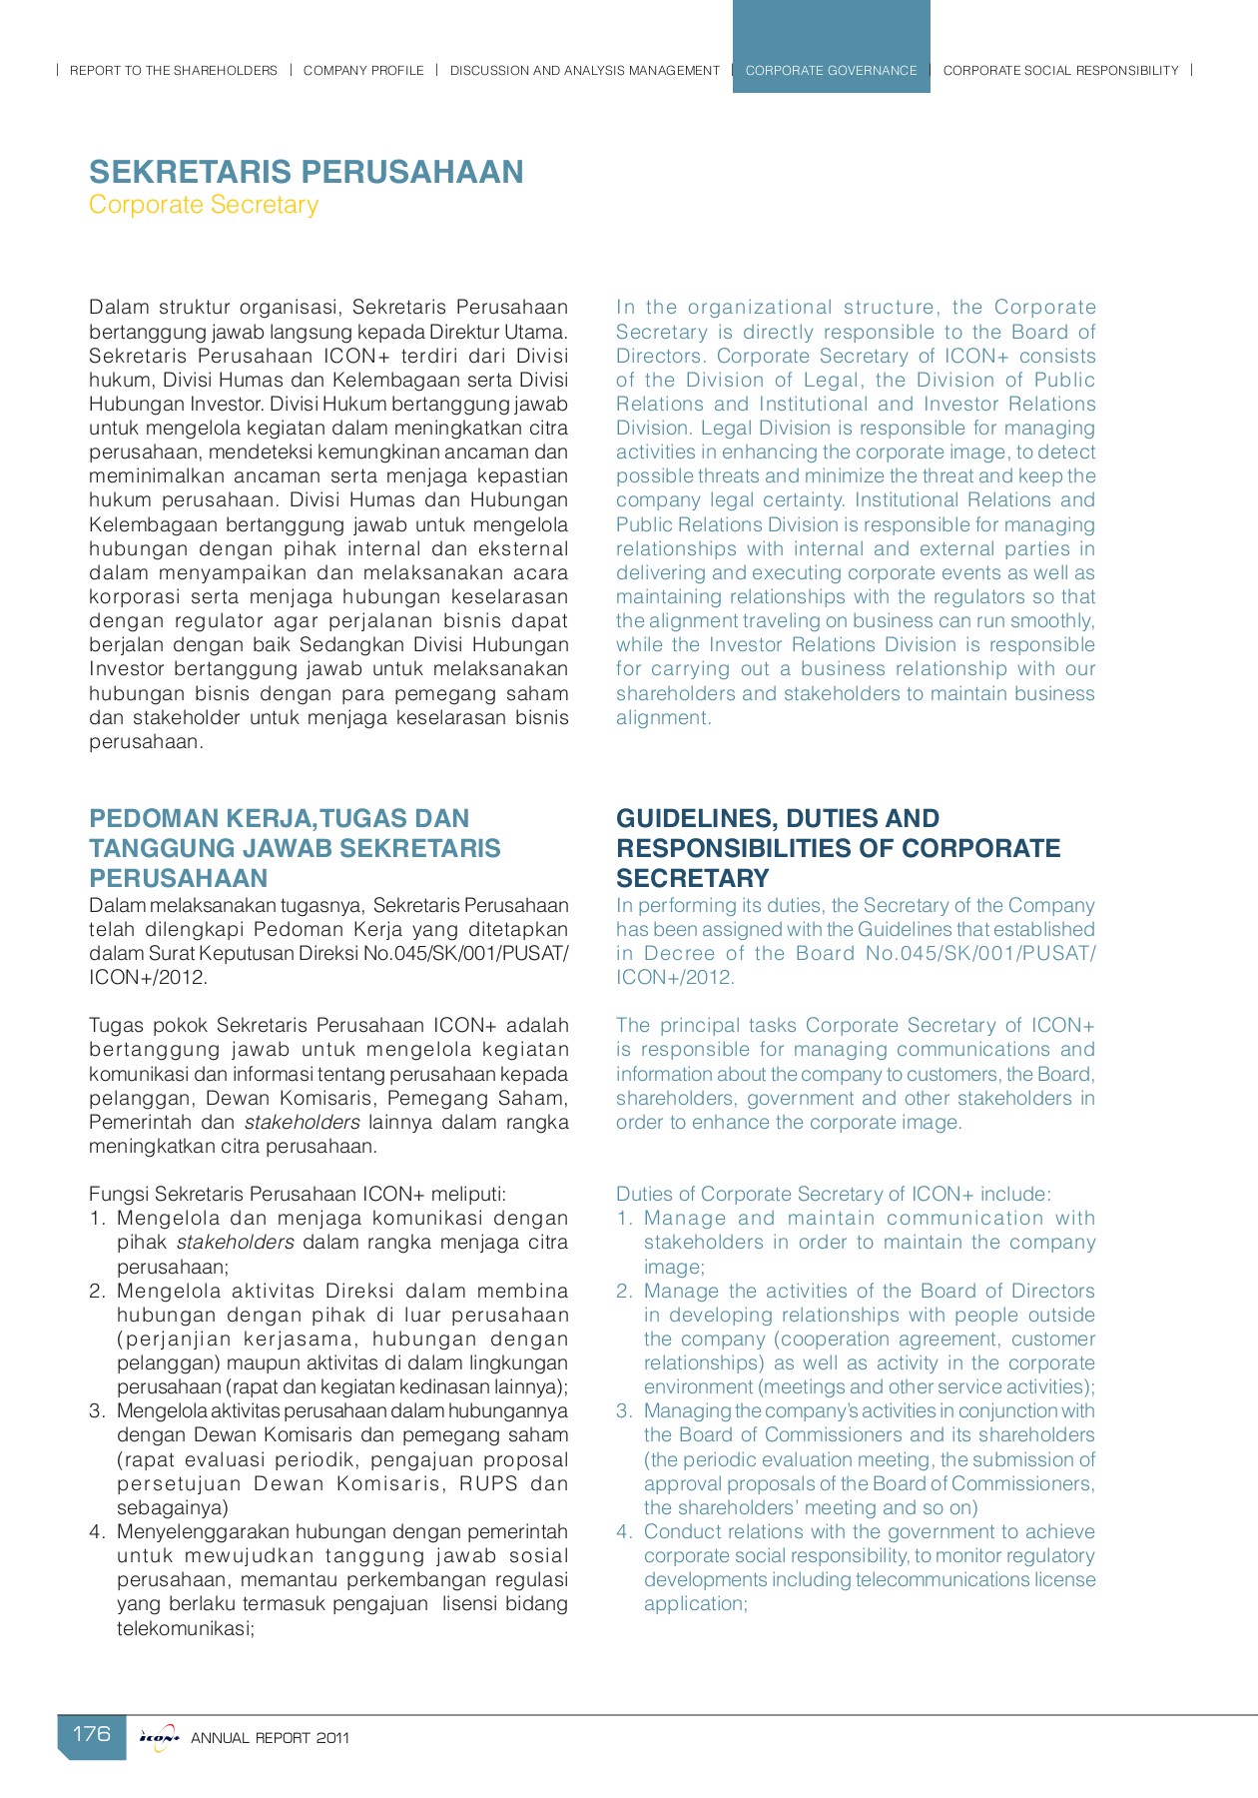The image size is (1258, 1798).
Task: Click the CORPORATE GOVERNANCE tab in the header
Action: [x=831, y=70]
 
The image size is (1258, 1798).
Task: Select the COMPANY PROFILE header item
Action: [x=363, y=70]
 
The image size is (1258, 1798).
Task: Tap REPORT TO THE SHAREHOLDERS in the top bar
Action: [x=174, y=70]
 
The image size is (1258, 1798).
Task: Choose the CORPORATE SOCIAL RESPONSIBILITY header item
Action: [x=1060, y=70]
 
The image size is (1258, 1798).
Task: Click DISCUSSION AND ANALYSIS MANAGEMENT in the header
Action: [x=584, y=70]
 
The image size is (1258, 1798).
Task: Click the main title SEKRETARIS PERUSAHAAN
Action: [x=306, y=172]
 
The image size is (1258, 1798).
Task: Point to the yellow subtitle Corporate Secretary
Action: [x=204, y=205]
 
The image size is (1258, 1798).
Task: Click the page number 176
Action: [x=92, y=1733]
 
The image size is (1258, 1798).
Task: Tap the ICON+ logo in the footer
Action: [x=159, y=1737]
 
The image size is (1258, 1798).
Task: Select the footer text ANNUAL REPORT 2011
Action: [x=270, y=1738]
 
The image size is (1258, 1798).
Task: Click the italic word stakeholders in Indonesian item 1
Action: [x=235, y=1243]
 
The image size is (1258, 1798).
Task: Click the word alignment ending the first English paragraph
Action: [x=662, y=718]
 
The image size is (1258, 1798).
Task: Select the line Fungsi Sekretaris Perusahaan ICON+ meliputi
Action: [x=298, y=1194]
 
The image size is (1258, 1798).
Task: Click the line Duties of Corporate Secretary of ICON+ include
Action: [x=833, y=1194]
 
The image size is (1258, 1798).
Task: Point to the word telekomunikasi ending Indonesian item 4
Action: [x=185, y=1628]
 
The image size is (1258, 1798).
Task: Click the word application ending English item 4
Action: [x=694, y=1604]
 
